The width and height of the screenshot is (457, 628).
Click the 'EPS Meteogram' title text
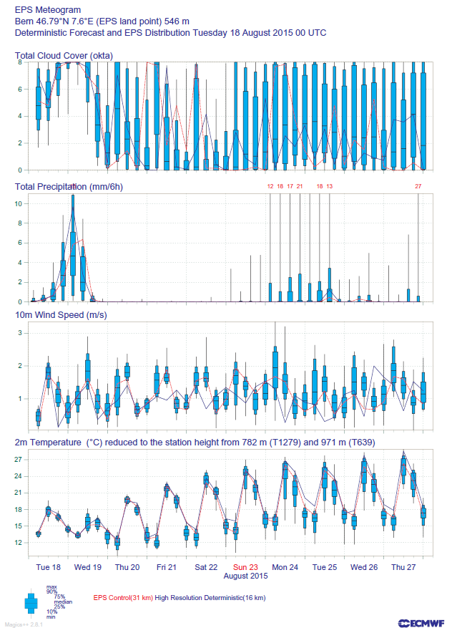click(x=48, y=10)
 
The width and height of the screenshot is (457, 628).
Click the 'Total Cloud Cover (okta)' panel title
click(x=64, y=55)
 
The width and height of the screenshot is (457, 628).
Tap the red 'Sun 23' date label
click(x=245, y=566)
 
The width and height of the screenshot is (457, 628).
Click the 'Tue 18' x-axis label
click(x=49, y=566)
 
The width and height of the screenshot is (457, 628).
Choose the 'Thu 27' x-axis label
click(x=403, y=566)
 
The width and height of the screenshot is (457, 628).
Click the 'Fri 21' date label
click(x=167, y=566)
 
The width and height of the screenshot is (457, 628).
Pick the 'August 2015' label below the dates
click(x=245, y=576)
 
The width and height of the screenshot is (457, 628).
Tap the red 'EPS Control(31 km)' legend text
click(x=123, y=597)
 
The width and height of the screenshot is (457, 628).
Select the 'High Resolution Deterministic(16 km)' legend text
click(x=210, y=597)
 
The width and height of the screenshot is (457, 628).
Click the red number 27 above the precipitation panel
click(x=418, y=186)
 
